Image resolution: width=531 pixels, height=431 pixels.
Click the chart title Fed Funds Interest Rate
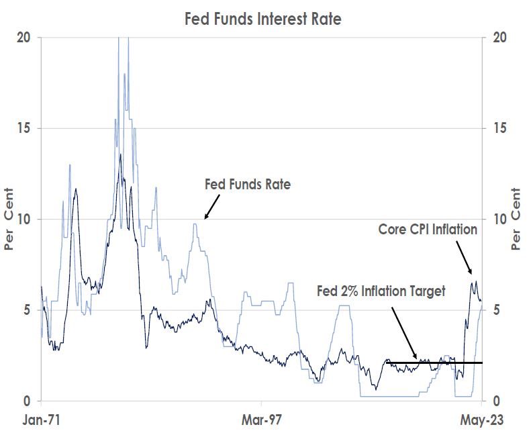[263, 19]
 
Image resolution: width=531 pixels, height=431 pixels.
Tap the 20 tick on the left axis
[24, 38]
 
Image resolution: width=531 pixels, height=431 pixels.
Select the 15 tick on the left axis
[24, 128]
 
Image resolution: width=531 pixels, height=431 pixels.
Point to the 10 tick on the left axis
[24, 220]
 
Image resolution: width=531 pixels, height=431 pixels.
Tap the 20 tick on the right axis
[499, 38]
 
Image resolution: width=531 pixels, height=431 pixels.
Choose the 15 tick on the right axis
[499, 128]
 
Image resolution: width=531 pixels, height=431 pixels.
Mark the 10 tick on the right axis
[499, 220]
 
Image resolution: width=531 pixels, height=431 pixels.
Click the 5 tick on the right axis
[497, 310]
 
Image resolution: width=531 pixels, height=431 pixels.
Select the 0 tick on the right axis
[497, 401]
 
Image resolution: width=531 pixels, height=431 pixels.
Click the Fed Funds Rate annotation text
[247, 184]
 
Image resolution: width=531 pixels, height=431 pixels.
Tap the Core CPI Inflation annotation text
[428, 230]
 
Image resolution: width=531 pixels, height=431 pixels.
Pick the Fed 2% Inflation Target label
[381, 291]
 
